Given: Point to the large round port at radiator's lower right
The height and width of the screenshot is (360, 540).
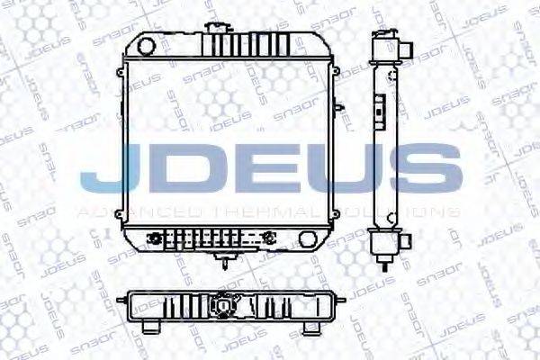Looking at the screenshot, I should (310, 240).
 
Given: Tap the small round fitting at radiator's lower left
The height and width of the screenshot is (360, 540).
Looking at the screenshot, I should (158, 239).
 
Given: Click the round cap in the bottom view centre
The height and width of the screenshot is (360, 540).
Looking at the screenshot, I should (223, 307).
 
